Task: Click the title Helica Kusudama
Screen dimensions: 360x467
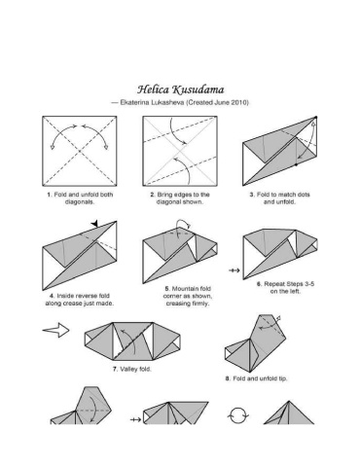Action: click(x=180, y=90)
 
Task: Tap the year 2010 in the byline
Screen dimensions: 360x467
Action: click(x=240, y=102)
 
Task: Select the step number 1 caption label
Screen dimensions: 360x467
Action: click(x=50, y=195)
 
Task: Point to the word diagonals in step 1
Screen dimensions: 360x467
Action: click(x=80, y=201)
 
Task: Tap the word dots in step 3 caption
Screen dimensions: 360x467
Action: click(x=303, y=195)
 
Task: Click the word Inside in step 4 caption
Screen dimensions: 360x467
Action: click(x=66, y=296)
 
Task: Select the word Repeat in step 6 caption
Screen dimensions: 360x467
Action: click(x=274, y=284)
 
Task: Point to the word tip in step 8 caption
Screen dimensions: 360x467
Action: click(x=282, y=378)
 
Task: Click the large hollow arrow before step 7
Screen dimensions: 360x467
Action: click(x=55, y=330)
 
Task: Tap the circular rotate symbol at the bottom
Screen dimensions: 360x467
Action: click(x=239, y=415)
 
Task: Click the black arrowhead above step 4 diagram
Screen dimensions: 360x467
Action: click(x=94, y=224)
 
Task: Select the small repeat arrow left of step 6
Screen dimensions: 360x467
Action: click(x=234, y=270)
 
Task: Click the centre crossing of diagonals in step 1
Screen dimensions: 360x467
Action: click(x=80, y=151)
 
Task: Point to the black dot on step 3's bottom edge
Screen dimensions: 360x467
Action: click(x=296, y=164)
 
